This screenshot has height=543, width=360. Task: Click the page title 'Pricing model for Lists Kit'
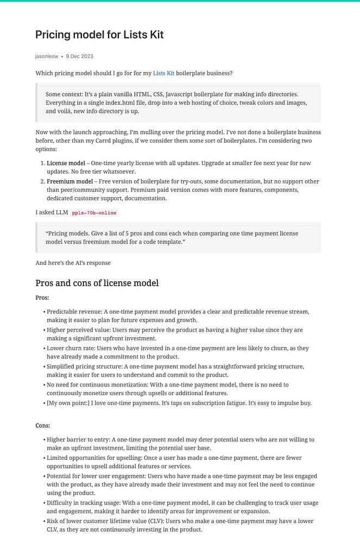(x=99, y=35)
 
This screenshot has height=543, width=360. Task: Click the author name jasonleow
(x=47, y=56)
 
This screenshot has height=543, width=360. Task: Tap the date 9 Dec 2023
(x=79, y=56)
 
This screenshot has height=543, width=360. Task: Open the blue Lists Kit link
(x=163, y=73)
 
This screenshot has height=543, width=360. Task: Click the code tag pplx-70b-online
(x=94, y=213)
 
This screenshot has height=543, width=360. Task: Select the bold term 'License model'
(x=66, y=163)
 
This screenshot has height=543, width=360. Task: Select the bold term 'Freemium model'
(x=70, y=181)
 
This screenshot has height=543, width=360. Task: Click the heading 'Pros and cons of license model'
(x=97, y=283)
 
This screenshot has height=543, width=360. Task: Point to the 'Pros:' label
(x=42, y=298)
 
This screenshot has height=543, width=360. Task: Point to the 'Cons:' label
(x=43, y=426)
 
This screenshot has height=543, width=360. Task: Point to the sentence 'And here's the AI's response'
(x=73, y=263)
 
